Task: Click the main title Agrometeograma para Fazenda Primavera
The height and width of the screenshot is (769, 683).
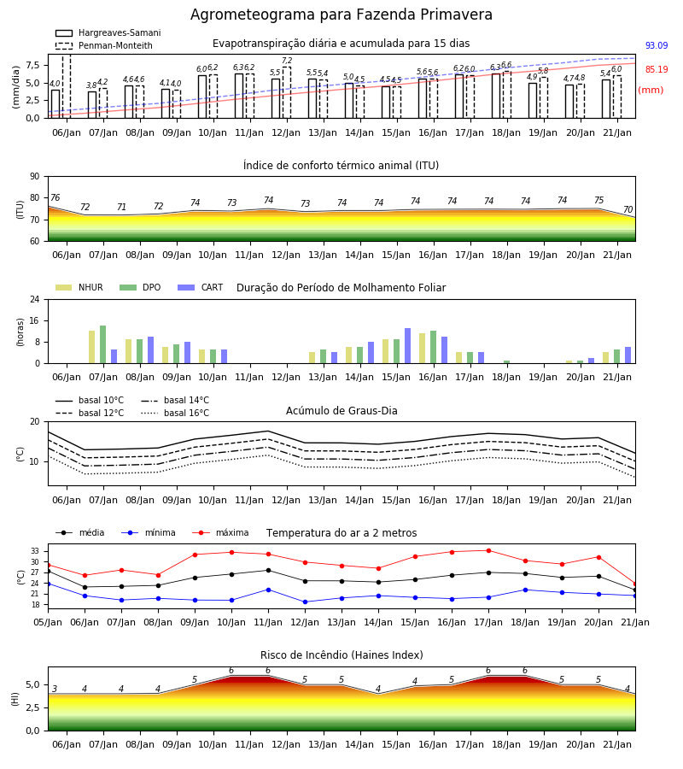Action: coord(341,15)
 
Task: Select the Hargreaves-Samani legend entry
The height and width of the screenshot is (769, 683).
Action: coord(108,32)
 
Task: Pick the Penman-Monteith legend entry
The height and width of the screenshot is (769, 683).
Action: coord(104,45)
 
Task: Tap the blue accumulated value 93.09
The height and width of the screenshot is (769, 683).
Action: coord(657,45)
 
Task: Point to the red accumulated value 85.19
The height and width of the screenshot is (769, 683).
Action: coord(657,69)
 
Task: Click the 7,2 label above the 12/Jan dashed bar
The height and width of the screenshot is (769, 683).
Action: coord(287,61)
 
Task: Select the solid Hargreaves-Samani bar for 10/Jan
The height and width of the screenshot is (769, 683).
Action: coord(202,97)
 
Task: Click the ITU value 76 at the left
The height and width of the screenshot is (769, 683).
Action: coord(55,197)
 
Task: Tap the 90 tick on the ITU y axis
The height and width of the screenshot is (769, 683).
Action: coord(35,177)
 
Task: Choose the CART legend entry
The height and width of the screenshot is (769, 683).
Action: coord(201,287)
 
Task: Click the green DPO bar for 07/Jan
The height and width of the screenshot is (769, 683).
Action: coord(103,344)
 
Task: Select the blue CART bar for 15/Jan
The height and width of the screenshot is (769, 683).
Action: coord(407,346)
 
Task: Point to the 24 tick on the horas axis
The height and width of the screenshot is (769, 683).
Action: coord(35,299)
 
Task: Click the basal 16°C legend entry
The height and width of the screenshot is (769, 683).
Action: coord(175,413)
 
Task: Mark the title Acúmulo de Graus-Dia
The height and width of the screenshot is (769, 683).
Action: coord(341,410)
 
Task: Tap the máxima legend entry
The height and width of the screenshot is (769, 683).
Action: coord(221,532)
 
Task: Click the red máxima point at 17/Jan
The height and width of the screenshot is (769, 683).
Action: coord(488,551)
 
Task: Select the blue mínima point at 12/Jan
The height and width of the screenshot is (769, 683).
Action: coord(306,602)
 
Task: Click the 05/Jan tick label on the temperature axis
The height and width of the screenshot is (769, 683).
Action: coord(48,622)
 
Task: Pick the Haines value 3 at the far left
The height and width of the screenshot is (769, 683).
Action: coord(55,689)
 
